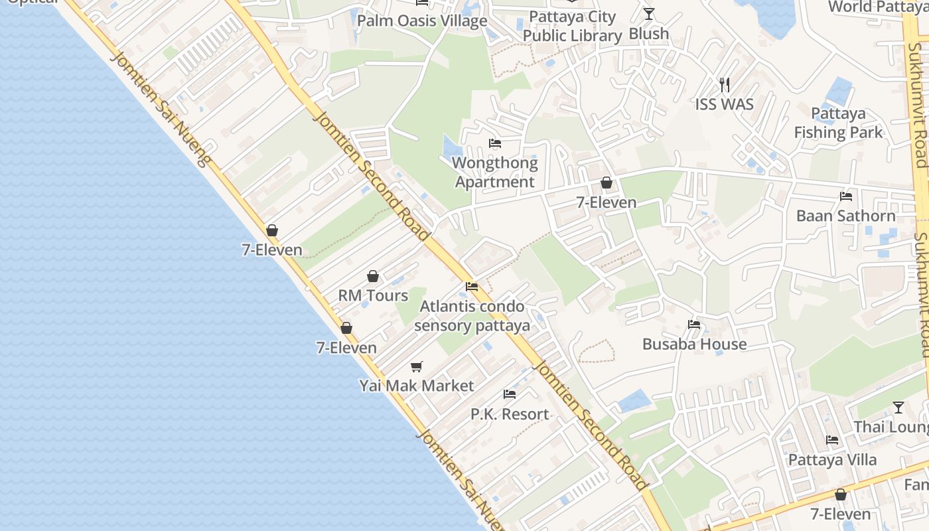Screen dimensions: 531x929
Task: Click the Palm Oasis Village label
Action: [x=422, y=21]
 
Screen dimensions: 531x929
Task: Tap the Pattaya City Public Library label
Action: [x=572, y=27]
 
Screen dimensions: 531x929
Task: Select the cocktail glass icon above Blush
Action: [x=649, y=13]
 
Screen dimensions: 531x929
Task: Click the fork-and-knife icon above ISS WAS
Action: [x=725, y=84]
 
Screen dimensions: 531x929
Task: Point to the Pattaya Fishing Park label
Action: [x=839, y=123]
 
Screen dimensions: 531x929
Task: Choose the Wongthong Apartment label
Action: [x=495, y=172]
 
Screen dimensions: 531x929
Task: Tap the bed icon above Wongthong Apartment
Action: [x=495, y=143]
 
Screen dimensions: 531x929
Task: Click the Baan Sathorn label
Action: [x=846, y=216]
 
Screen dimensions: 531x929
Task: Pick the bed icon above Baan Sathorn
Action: [x=846, y=196]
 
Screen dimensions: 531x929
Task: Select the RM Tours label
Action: [x=373, y=295]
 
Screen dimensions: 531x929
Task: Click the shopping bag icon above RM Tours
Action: [x=373, y=276]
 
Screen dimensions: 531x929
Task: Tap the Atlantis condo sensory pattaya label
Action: [x=472, y=316]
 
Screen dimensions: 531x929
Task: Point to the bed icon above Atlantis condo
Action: [x=472, y=287]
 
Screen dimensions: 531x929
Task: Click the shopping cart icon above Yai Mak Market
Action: [x=417, y=366]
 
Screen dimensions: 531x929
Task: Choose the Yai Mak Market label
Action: [x=417, y=386]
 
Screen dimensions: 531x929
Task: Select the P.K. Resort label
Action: [x=510, y=414]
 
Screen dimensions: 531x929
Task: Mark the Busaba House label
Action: [x=694, y=344]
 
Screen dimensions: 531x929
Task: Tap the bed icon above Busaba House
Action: [x=694, y=325]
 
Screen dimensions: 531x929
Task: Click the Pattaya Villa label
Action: [x=832, y=459]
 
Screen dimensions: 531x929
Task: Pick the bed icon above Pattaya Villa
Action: [x=832, y=440]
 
